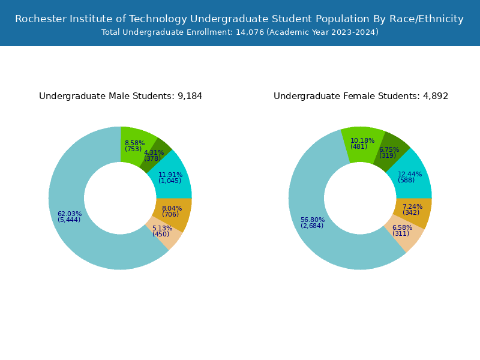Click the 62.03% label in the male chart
pos(69,214)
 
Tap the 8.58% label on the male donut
pos(134,143)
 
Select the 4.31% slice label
pos(154,153)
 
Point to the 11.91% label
pos(170,175)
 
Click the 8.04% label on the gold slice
pos(172,209)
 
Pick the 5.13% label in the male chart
pos(162,229)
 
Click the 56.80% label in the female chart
pos(312,220)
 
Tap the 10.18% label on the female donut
pos(362,141)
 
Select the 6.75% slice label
pos(389,150)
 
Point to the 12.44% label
pos(410,175)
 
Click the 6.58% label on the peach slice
pos(402,228)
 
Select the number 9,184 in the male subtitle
pos(190,96)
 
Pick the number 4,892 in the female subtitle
pos(436,96)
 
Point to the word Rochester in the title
pos(40,19)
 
